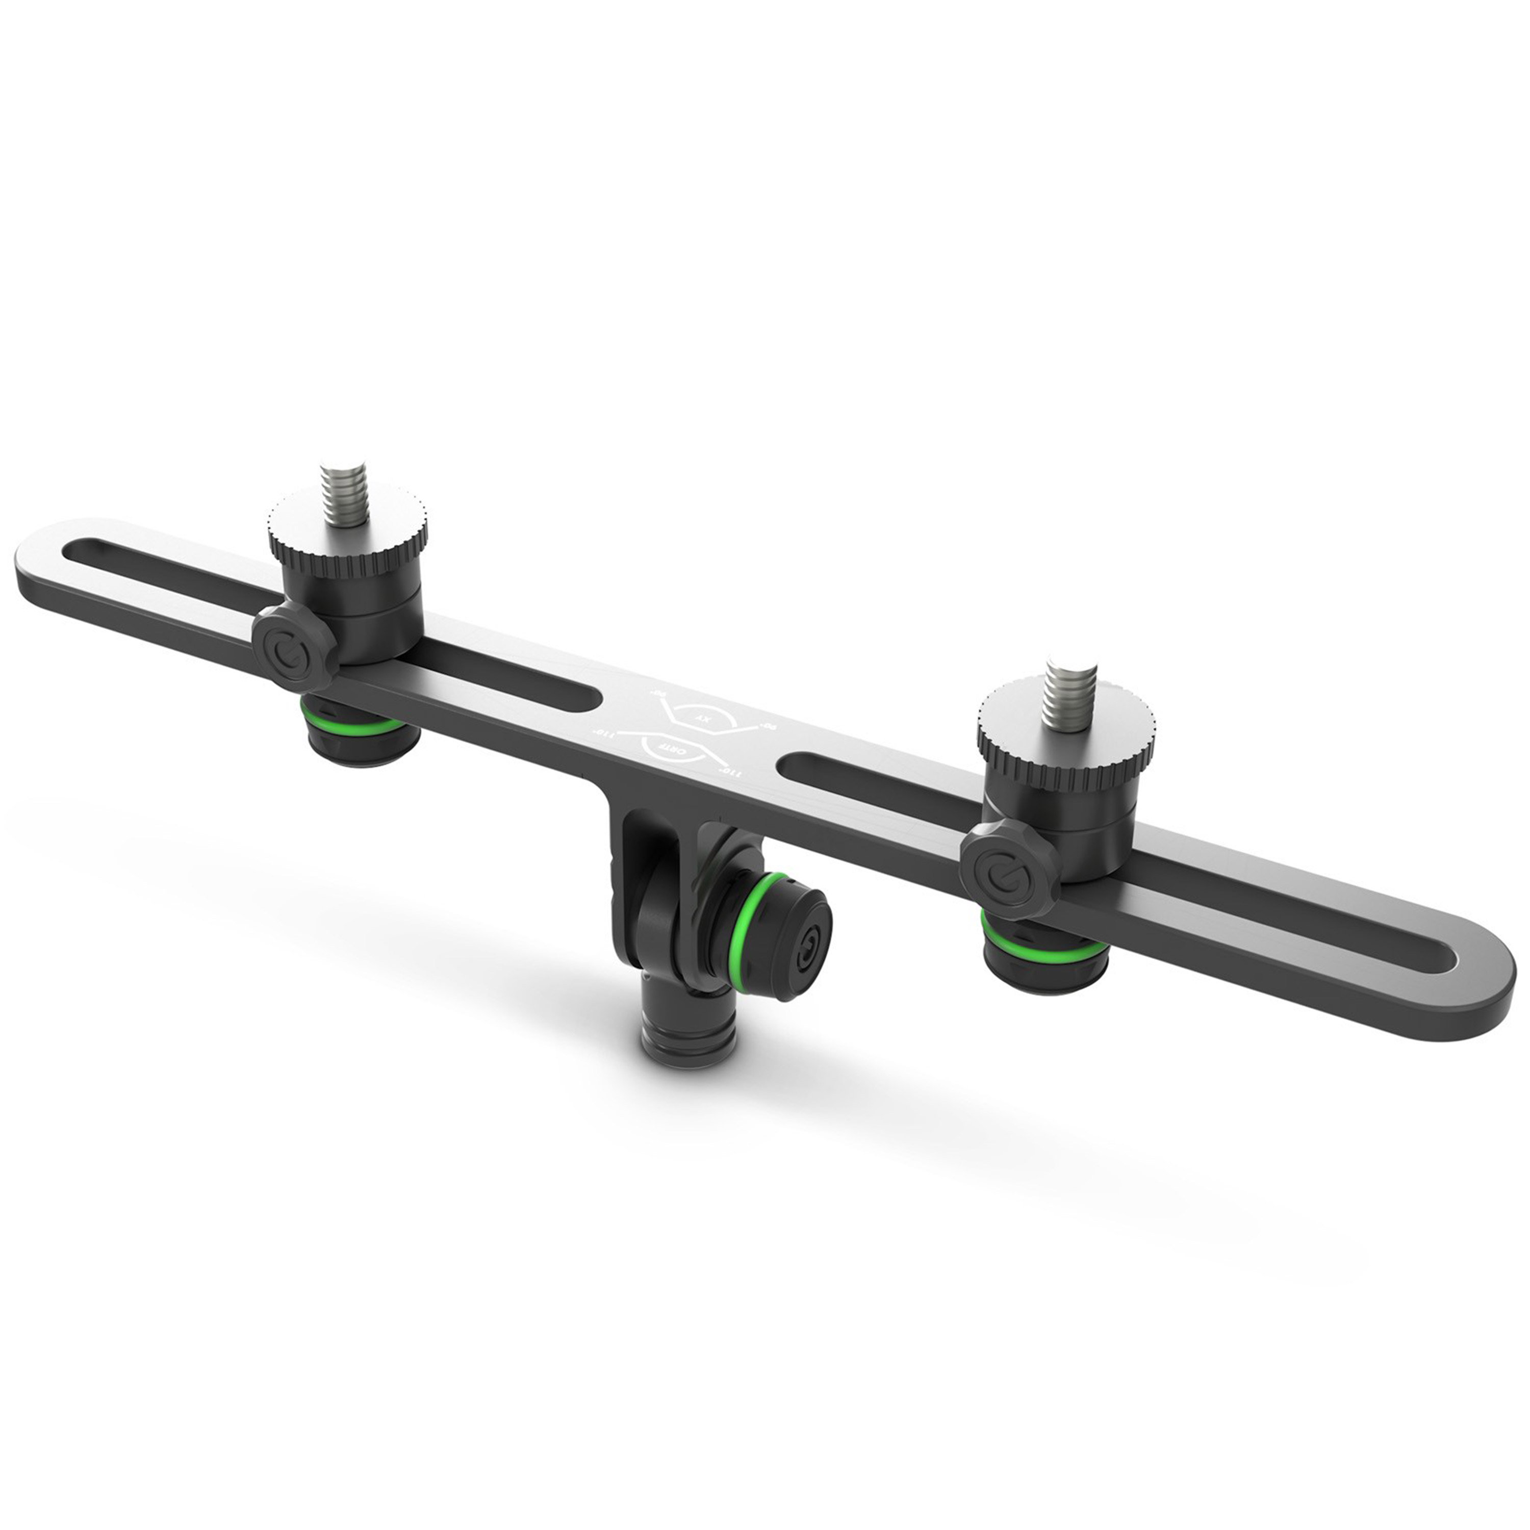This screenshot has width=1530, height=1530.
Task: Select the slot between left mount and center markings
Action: [507, 664]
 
